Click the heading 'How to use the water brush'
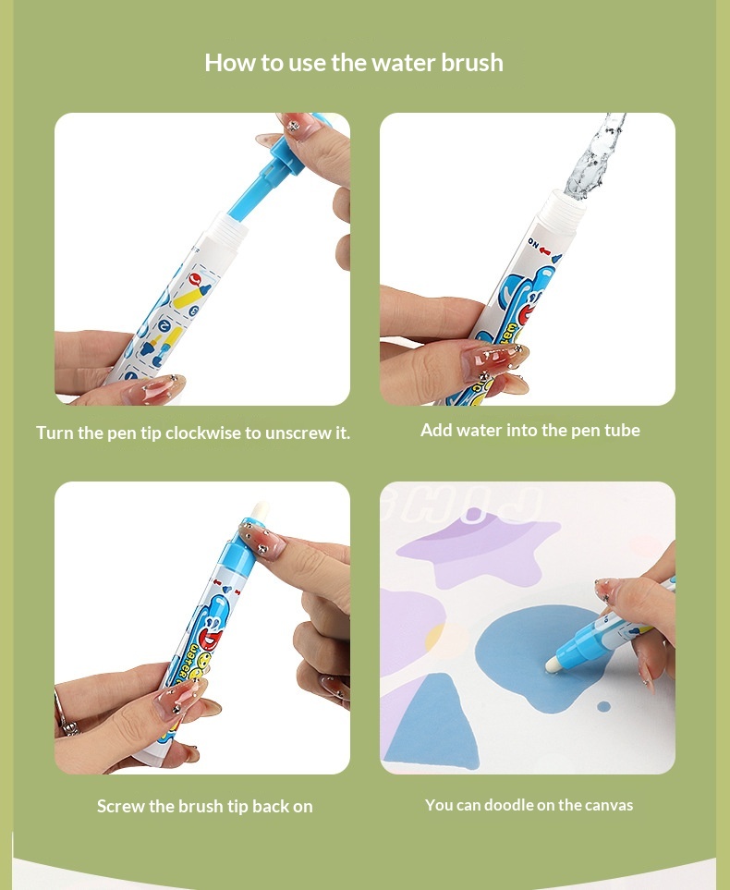(x=354, y=63)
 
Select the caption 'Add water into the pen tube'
(x=530, y=431)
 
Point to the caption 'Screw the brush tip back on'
(x=205, y=806)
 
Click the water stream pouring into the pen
(x=594, y=157)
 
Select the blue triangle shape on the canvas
(x=432, y=721)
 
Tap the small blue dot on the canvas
(x=604, y=707)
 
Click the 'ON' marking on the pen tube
(x=533, y=243)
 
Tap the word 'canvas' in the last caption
(x=609, y=805)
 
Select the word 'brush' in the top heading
(x=472, y=63)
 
